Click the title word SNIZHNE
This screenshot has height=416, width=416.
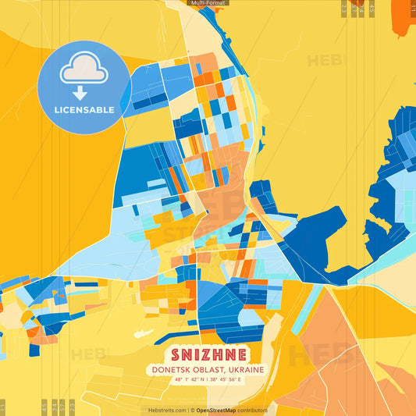pyautogui.click(x=207, y=354)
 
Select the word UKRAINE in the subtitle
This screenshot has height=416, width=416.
pyautogui.click(x=244, y=369)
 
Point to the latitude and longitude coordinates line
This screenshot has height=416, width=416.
pyautogui.click(x=208, y=380)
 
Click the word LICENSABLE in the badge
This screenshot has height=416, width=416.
pyautogui.click(x=84, y=110)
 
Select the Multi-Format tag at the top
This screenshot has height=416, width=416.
pyautogui.click(x=208, y=3)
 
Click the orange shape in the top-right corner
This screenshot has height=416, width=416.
pyautogui.click(x=404, y=14)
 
